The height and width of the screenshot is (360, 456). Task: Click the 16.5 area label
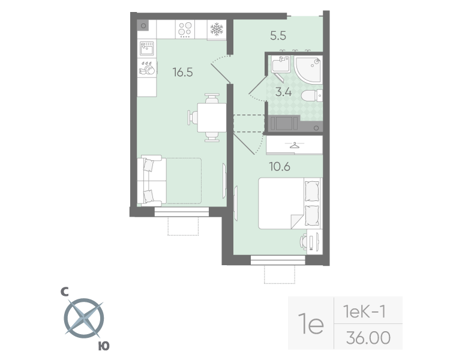pos(182,72)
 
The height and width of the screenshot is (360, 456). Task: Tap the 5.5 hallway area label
pos(278,35)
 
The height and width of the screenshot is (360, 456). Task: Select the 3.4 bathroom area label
pos(284,92)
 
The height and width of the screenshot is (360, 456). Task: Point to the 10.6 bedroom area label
pos(280,167)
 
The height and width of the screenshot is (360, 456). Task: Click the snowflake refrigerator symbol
pos(217,29)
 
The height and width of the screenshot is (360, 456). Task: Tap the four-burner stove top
pos(185,29)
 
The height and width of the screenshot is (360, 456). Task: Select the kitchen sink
pos(147,48)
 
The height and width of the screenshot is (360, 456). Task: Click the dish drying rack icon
pos(147,68)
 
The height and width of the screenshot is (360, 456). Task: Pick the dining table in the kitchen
pos(212,118)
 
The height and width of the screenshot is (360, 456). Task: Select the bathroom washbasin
pos(281,64)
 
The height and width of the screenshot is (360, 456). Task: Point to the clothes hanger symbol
pos(295,145)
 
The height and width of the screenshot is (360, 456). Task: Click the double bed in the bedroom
pos(290,203)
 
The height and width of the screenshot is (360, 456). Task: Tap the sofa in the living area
pos(152,180)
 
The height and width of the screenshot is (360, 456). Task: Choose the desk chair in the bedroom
pos(304,242)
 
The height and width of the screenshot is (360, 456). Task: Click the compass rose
pos(84,318)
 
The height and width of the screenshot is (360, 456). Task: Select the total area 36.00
pos(368,337)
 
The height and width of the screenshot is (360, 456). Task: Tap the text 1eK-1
pos(364,311)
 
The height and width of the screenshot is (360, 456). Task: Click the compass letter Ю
pos(104,346)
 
